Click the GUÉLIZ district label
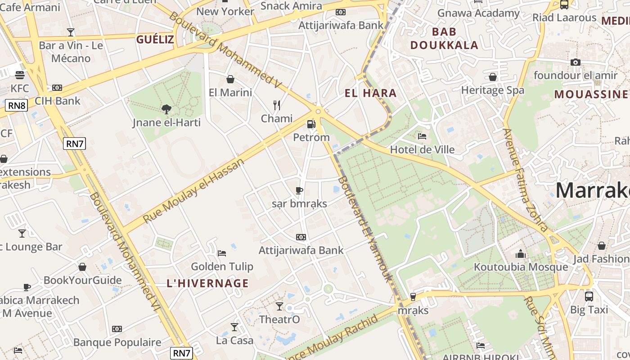pos(155,39)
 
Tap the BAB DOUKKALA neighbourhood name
pos(444,38)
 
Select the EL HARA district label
pos(370,93)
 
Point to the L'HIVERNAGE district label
pos(207,283)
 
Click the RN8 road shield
pos(17,106)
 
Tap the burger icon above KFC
pos(19,75)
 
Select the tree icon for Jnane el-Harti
pos(166,109)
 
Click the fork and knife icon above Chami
pos(277,105)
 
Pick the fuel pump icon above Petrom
pos(311,124)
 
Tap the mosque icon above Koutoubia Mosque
pos(521,254)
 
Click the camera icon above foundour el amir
pos(575,62)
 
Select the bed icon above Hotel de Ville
pos(422,136)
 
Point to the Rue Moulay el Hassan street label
pos(193,190)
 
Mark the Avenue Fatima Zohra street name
pos(525,180)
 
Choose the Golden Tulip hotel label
pos(222,266)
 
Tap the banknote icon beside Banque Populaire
pos(117,329)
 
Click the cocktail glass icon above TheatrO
pos(279,306)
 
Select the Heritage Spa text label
pos(492,90)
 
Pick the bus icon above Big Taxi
pos(589,296)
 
